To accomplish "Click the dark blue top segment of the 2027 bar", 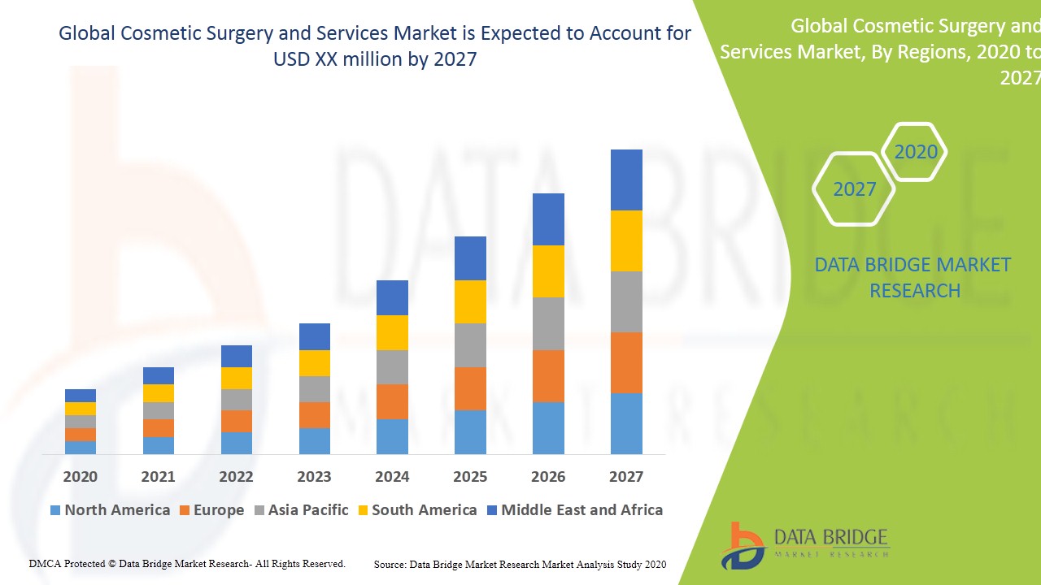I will pyautogui.click(x=626, y=180).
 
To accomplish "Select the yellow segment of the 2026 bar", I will pyautogui.click(x=548, y=271).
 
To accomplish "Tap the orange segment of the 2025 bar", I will pyautogui.click(x=470, y=388).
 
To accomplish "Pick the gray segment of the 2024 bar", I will pyautogui.click(x=392, y=367).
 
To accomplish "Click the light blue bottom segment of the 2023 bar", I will pyautogui.click(x=314, y=440).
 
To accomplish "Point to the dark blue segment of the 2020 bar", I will pyautogui.click(x=81, y=396).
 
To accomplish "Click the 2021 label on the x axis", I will pyautogui.click(x=158, y=477).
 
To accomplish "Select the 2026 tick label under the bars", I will pyautogui.click(x=548, y=477).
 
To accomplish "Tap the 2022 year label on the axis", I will pyautogui.click(x=236, y=477).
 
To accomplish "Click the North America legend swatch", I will pyautogui.click(x=55, y=510).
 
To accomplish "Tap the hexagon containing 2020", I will pyautogui.click(x=915, y=152).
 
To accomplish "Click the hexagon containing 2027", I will pyautogui.click(x=854, y=189).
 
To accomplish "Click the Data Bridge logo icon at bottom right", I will pyautogui.click(x=742, y=545).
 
